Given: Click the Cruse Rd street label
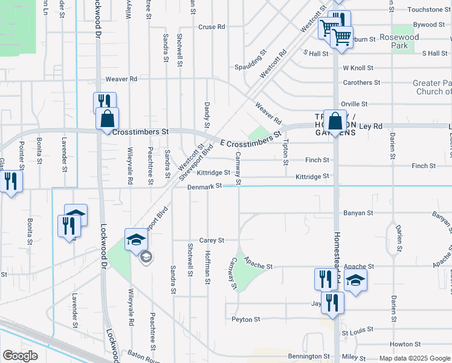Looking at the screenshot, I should (x=211, y=27).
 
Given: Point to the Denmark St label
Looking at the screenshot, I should (x=201, y=187).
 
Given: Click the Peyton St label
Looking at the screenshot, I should (x=245, y=319).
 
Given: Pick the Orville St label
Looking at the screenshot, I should (x=354, y=104).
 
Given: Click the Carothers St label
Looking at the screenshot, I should (x=361, y=82).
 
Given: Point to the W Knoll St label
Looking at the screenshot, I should (x=358, y=68).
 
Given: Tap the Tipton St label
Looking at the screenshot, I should (x=285, y=151).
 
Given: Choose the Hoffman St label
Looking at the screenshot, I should (x=207, y=263).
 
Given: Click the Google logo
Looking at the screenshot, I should (x=20, y=356).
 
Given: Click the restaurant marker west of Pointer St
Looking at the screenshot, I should (x=11, y=181).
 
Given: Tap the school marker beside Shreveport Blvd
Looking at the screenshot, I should (x=136, y=239).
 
